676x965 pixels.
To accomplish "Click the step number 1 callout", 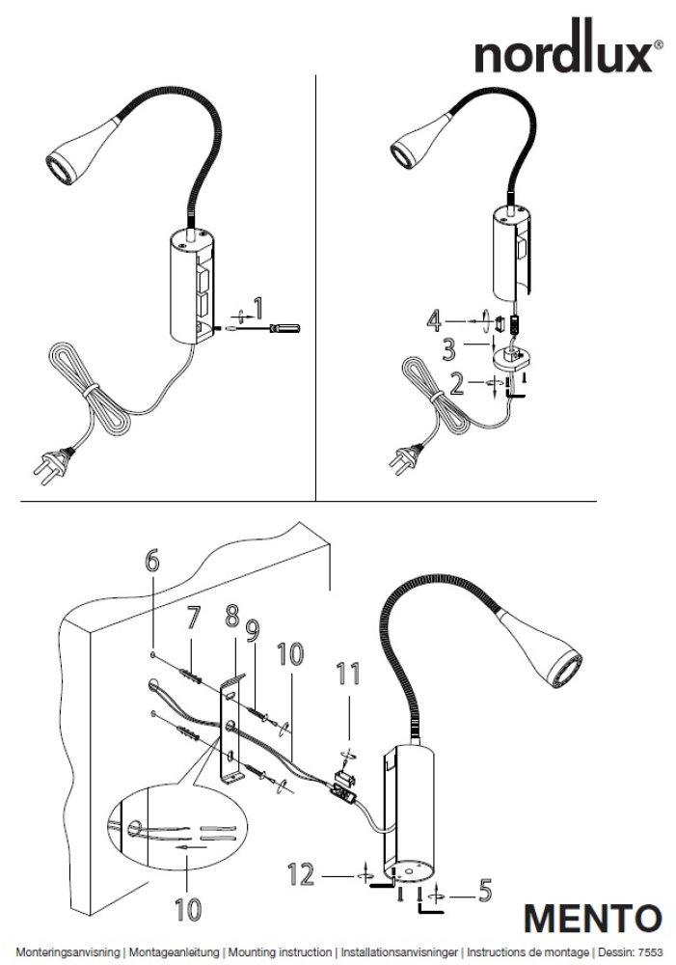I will [x=257, y=309].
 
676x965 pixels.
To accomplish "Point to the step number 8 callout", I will [x=231, y=616].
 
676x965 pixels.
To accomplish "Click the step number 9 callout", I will [x=253, y=630].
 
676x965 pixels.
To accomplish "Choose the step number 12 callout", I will [x=301, y=875].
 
